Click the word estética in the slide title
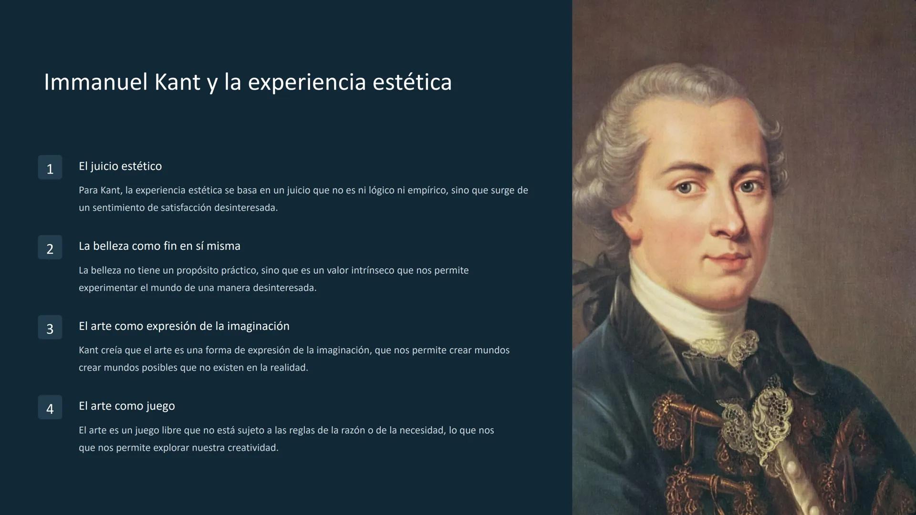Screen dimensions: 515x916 point(412,82)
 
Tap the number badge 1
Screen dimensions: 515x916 point(50,168)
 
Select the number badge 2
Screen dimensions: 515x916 point(50,248)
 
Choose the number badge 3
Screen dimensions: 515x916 point(50,328)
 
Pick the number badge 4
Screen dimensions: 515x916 point(50,408)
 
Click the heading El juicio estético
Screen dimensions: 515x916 point(120,166)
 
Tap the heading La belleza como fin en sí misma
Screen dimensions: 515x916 point(159,247)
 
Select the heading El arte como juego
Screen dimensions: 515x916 point(127,406)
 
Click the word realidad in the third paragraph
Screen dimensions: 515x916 point(288,368)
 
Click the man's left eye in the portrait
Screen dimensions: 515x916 point(747,187)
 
